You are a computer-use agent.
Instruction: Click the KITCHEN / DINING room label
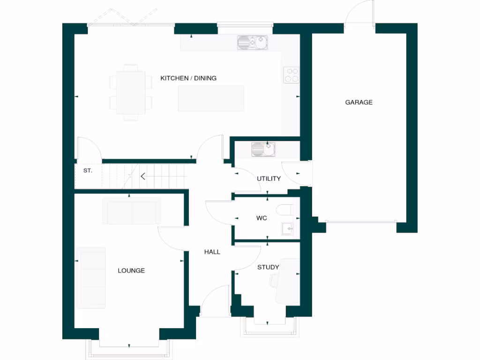pos(188,78)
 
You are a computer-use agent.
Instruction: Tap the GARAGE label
pos(359,102)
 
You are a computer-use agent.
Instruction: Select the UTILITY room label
pos(269,179)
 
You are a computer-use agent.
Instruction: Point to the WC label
pos(262,218)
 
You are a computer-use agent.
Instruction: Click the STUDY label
pos(268,267)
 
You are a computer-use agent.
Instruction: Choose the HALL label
pos(212,252)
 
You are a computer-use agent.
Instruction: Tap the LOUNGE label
pos(131,270)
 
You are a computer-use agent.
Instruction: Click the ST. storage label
pos(88,171)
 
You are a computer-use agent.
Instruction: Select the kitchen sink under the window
pos(252,43)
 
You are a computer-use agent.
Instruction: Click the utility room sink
pos(263,150)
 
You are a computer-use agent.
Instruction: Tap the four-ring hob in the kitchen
pos(291,75)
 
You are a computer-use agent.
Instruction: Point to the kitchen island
pos(211,98)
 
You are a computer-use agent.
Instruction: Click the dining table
pos(131,92)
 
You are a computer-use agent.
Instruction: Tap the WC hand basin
pos(287,229)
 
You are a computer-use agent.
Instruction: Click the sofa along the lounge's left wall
pos(91,277)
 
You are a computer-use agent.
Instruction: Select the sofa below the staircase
pos(132,211)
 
